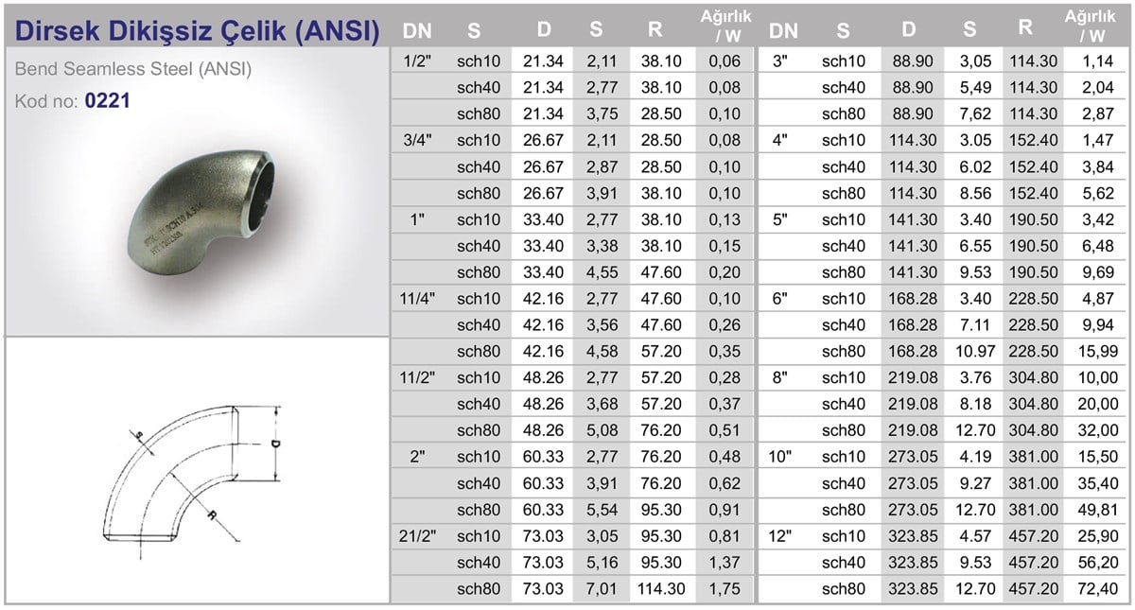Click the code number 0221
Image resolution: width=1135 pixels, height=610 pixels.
point(107,100)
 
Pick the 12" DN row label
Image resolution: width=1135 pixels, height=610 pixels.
point(782,535)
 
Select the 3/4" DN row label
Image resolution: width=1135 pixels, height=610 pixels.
point(417,140)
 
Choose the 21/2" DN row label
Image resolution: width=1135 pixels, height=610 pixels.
point(417,535)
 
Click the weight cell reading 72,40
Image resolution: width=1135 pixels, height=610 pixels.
point(1096,588)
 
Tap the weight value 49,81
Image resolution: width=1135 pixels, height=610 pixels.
point(1096,509)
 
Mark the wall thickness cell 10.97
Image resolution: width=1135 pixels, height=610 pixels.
point(969,351)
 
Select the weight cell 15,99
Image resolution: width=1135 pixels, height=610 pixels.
point(1096,351)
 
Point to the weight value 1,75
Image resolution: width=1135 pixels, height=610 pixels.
point(725,588)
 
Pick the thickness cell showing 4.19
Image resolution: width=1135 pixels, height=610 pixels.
point(969,456)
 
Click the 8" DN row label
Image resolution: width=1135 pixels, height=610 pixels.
point(782,377)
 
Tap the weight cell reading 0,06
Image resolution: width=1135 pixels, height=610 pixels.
point(725,61)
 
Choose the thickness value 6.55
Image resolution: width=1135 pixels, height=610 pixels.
point(969,246)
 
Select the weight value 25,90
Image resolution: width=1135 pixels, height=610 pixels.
point(1096,535)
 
